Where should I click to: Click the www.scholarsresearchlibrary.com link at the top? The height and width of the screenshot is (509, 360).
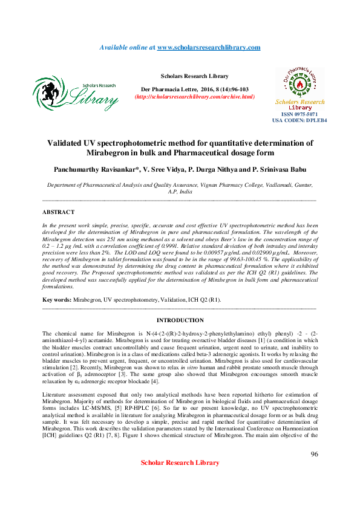pyautogui.click(x=209, y=47)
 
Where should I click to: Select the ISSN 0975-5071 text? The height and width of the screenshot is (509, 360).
pyautogui.click(x=299, y=114)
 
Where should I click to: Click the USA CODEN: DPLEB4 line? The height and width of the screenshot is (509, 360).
pyautogui.click(x=299, y=120)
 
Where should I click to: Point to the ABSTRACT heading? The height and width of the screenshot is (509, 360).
pyautogui.click(x=58, y=212)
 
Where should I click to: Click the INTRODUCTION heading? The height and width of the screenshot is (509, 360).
pyautogui.click(x=180, y=320)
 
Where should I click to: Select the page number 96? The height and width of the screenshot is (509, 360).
pyautogui.click(x=314, y=454)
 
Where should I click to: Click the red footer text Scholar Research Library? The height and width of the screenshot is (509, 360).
pyautogui.click(x=180, y=462)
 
